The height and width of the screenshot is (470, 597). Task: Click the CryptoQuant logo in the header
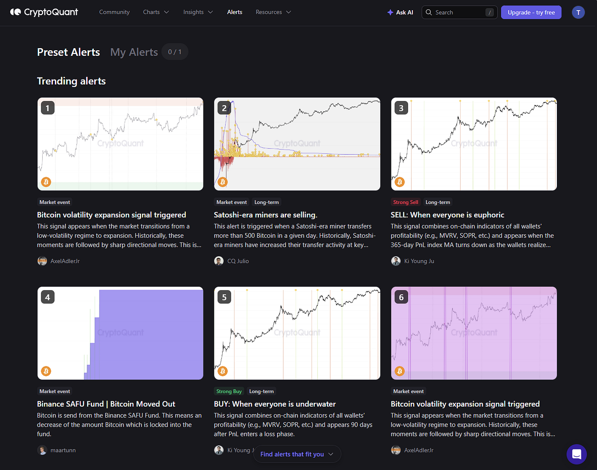44,12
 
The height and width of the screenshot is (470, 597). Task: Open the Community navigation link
114,12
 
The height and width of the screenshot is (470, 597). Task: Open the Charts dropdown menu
156,12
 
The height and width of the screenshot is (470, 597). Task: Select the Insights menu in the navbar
198,12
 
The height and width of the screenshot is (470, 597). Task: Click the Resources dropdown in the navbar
273,12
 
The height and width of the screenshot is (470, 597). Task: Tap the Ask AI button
400,12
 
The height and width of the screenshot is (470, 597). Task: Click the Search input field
459,12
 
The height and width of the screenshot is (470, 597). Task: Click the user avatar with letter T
578,12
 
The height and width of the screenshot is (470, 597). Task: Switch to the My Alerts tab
134,52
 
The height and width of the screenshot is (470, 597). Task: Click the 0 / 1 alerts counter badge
175,52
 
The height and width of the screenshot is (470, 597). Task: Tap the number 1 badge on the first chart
48,108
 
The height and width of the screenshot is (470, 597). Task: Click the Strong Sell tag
406,202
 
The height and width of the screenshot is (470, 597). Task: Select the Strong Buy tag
229,391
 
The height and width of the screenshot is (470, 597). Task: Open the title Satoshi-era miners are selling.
266,215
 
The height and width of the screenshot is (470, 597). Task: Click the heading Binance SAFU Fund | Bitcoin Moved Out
106,404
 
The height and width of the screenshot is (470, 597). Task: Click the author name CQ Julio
238,261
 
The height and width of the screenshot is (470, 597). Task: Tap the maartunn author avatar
42,450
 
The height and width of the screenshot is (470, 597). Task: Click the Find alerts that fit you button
297,454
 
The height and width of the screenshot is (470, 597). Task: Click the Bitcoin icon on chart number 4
46,371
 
